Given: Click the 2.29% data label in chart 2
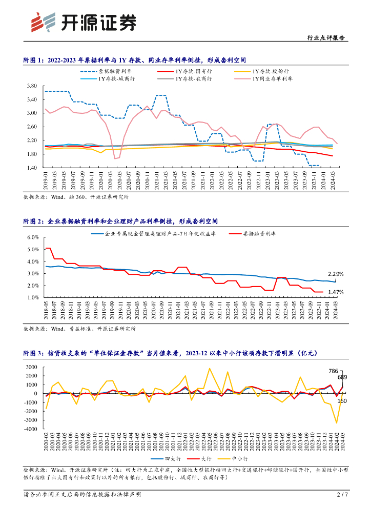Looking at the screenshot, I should click(x=336, y=274).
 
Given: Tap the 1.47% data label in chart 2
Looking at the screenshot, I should click(x=336, y=292).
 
